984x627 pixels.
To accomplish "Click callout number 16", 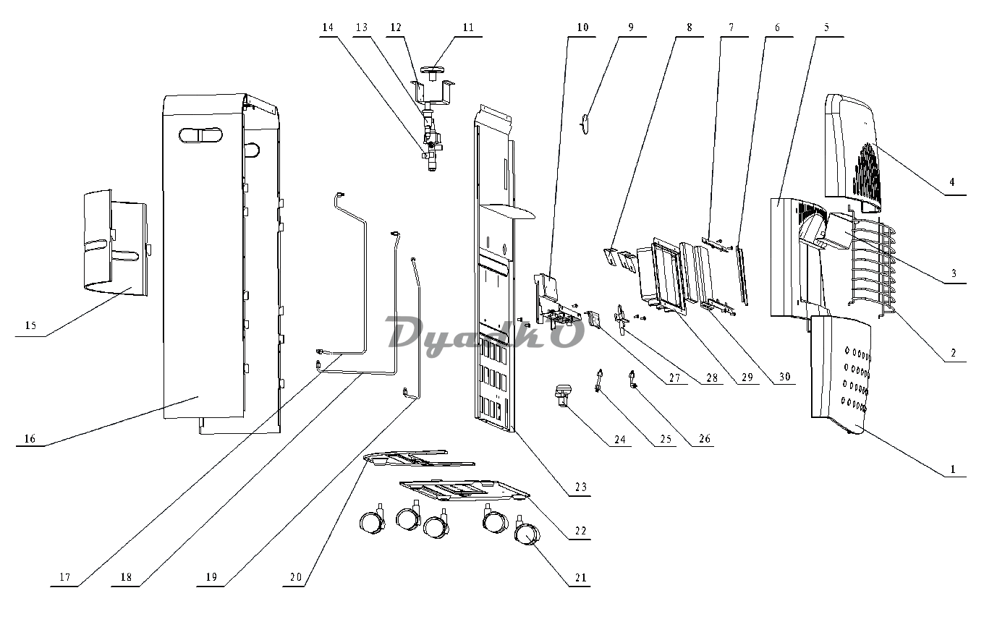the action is pos(30,438).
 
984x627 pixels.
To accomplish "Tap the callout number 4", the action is pos(952,182).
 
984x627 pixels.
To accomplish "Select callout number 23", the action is pos(581,487).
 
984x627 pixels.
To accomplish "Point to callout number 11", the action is pos(468,27).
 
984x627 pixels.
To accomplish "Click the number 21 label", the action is pos(581,577).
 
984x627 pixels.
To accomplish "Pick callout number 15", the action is pos(30,325).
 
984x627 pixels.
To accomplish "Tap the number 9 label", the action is pos(631,27).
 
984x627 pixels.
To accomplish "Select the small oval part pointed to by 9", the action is pos(585,124).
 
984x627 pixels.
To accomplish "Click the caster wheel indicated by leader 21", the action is pos(527,534).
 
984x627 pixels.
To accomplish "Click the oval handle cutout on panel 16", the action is pos(200,135).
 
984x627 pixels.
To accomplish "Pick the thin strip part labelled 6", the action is pos(742,276).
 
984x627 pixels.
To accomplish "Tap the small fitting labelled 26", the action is pos(633,380).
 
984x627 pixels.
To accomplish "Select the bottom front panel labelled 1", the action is pos(840,375).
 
